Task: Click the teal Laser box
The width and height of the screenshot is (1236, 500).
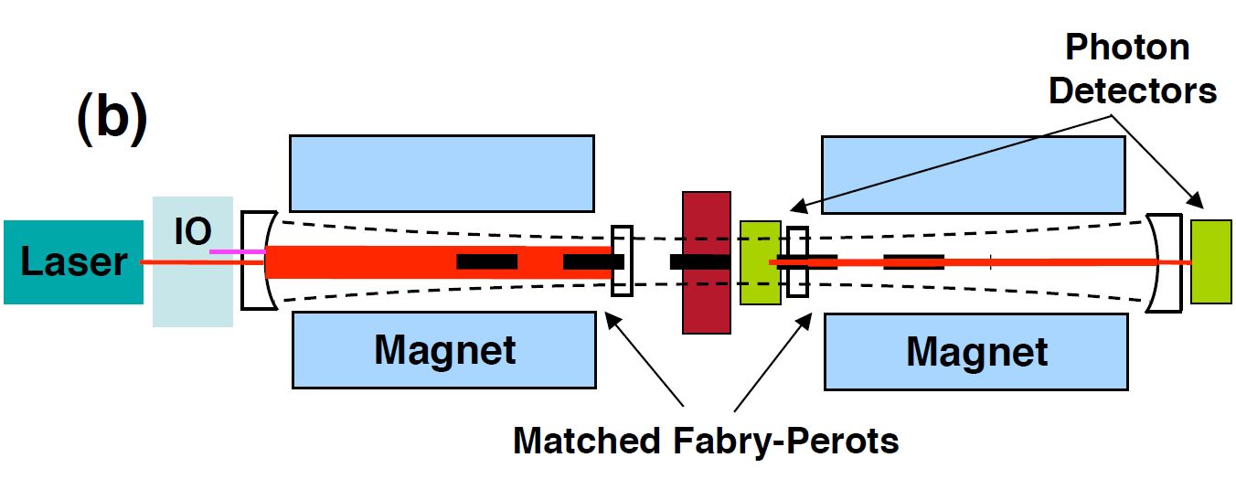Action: pyautogui.click(x=73, y=261)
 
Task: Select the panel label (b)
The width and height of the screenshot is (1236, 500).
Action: pyautogui.click(x=111, y=120)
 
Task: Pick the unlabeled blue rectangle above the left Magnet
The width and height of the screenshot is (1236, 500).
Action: pyautogui.click(x=442, y=174)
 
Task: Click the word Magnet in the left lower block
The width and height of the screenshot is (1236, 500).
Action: pyautogui.click(x=444, y=350)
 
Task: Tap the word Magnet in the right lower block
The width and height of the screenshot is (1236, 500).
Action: pyautogui.click(x=976, y=352)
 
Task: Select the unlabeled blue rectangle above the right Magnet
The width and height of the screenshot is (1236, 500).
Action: pyautogui.click(x=974, y=174)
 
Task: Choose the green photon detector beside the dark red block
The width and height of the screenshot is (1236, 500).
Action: pyautogui.click(x=760, y=262)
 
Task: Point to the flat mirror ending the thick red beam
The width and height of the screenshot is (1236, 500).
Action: pyautogui.click(x=622, y=261)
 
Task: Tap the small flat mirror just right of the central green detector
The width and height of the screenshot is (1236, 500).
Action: pyautogui.click(x=797, y=261)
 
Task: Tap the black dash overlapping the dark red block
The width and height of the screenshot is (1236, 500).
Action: pyautogui.click(x=699, y=262)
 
